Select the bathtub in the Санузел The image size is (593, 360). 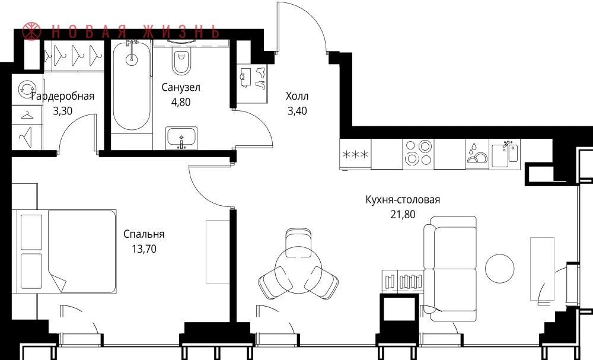coord(132,86)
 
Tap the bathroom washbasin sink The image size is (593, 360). coord(181,138)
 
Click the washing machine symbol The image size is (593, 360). coord(27,89)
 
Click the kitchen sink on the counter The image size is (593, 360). coord(505,154)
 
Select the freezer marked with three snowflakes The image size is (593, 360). coord(355,154)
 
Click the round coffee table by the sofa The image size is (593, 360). coord(499,269)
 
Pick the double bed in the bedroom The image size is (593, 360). coord(64,251)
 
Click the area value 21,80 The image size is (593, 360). coord(403,215)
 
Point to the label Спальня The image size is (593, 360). coord(144,234)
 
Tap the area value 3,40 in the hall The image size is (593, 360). coord(297,111)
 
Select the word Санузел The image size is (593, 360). coord(181,87)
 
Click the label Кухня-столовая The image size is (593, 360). coord(403,200)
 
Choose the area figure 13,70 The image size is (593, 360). coord(144,249)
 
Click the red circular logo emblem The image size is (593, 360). coord(31,31)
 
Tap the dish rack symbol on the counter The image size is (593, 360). coord(477,154)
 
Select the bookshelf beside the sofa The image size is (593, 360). coord(403,281)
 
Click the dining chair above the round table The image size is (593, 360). coord(298,239)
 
